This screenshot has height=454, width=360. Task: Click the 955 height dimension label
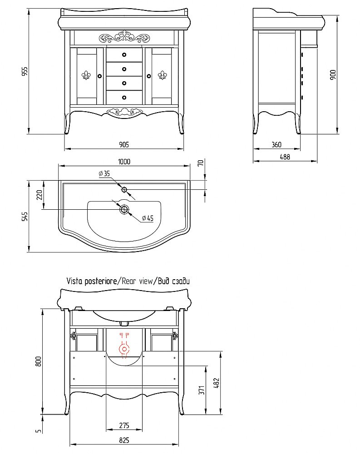pyautogui.click(x=25, y=71)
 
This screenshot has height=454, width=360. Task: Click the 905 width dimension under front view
pyautogui.click(x=124, y=144)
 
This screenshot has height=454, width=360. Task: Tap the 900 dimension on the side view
pyautogui.click(x=333, y=74)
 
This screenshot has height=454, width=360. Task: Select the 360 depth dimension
pyautogui.click(x=276, y=145)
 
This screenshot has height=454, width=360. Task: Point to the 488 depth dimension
pyautogui.click(x=285, y=157)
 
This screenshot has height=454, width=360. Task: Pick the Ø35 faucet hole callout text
pyautogui.click(x=104, y=173)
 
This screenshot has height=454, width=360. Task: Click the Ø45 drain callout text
pyautogui.click(x=147, y=218)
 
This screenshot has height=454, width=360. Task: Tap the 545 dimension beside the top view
pyautogui.click(x=25, y=217)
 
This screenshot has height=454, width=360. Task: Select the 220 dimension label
pyautogui.click(x=39, y=195)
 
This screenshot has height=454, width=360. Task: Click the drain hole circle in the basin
pyautogui.click(x=124, y=209)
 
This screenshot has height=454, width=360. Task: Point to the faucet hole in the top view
pyautogui.click(x=124, y=189)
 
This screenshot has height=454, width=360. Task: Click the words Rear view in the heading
pyautogui.click(x=137, y=281)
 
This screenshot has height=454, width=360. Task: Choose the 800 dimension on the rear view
pyautogui.click(x=39, y=361)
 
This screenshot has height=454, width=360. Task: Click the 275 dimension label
pyautogui.click(x=123, y=425)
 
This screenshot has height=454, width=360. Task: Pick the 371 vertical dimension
pyautogui.click(x=202, y=389)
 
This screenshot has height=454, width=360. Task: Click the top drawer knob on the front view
pyautogui.click(x=124, y=55)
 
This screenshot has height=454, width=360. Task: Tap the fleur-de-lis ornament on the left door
pyautogui.click(x=86, y=75)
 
